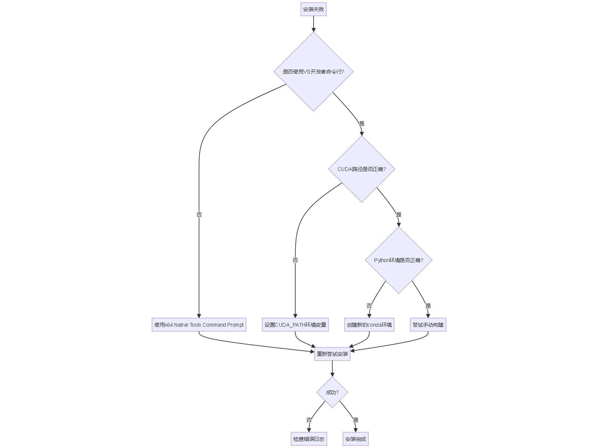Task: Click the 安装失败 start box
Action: click(313, 9)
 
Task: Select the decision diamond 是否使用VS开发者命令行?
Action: click(313, 72)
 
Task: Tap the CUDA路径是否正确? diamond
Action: click(361, 169)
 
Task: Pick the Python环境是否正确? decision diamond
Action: click(398, 260)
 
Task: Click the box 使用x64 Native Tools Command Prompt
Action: click(199, 325)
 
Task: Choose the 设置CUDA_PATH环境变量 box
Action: click(295, 325)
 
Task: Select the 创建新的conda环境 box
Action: click(369, 325)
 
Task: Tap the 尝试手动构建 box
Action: click(428, 325)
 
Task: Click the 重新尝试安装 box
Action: click(332, 354)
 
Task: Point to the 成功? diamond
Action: click(332, 392)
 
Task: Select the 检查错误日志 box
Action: click(309, 439)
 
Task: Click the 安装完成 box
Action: click(355, 439)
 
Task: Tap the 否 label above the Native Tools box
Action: click(199, 215)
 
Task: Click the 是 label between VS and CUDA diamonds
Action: click(361, 124)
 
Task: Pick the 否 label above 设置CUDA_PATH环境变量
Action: click(295, 260)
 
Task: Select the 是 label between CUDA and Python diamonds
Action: click(399, 215)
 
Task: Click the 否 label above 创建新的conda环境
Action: click(369, 306)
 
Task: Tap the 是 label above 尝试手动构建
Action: click(428, 306)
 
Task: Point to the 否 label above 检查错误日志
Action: click(309, 420)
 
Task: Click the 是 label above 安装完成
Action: click(355, 420)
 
